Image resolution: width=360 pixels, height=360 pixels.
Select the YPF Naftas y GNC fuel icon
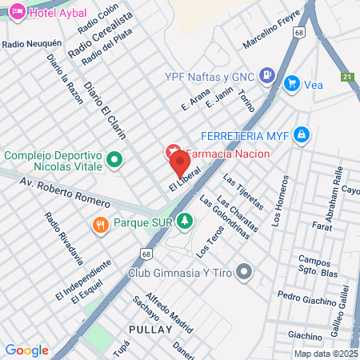(x=267, y=78)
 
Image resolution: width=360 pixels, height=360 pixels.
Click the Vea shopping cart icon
(x=291, y=83)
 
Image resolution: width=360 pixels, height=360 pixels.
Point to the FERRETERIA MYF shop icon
(x=301, y=134)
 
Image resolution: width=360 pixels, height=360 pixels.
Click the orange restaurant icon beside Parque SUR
(x=100, y=224)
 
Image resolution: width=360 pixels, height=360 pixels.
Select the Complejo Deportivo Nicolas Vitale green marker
(x=114, y=159)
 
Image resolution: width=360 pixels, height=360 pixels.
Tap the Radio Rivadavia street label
(x=64, y=238)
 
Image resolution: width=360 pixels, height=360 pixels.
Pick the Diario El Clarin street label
(x=105, y=111)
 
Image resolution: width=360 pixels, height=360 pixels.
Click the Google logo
(x=27, y=350)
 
